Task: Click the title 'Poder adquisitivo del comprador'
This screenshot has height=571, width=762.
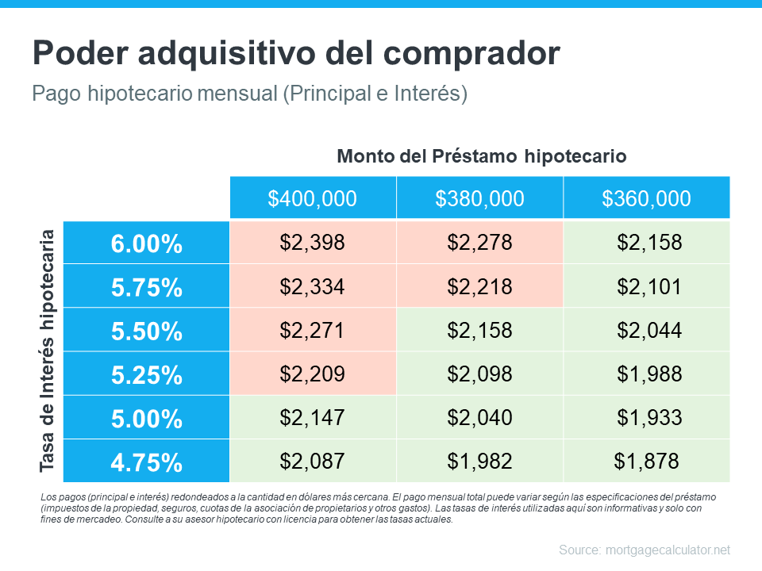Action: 296,53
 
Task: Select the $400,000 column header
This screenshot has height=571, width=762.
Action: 313,198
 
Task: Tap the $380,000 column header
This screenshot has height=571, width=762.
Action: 479,198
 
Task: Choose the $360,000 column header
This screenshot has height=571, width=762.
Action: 646,198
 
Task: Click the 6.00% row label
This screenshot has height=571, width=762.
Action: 147,243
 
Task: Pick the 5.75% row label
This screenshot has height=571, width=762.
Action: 147,287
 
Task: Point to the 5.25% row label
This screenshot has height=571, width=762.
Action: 147,374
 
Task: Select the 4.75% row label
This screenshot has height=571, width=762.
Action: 147,462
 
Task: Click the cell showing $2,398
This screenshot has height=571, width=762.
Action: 313,243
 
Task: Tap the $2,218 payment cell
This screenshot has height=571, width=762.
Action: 479,286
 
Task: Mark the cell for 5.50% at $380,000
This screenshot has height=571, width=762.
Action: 479,330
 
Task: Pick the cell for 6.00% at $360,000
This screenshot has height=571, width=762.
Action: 646,243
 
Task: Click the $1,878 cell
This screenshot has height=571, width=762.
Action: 646,461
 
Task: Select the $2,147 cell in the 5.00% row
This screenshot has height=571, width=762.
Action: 313,417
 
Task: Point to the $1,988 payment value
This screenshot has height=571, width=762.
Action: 646,374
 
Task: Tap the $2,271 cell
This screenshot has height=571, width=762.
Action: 313,330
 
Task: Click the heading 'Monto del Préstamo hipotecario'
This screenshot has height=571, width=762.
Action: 482,156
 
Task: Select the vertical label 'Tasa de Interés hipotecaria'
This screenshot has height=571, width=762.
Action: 48,351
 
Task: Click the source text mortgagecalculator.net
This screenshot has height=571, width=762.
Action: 644,550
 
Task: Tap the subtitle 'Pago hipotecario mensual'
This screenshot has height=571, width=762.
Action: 249,94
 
